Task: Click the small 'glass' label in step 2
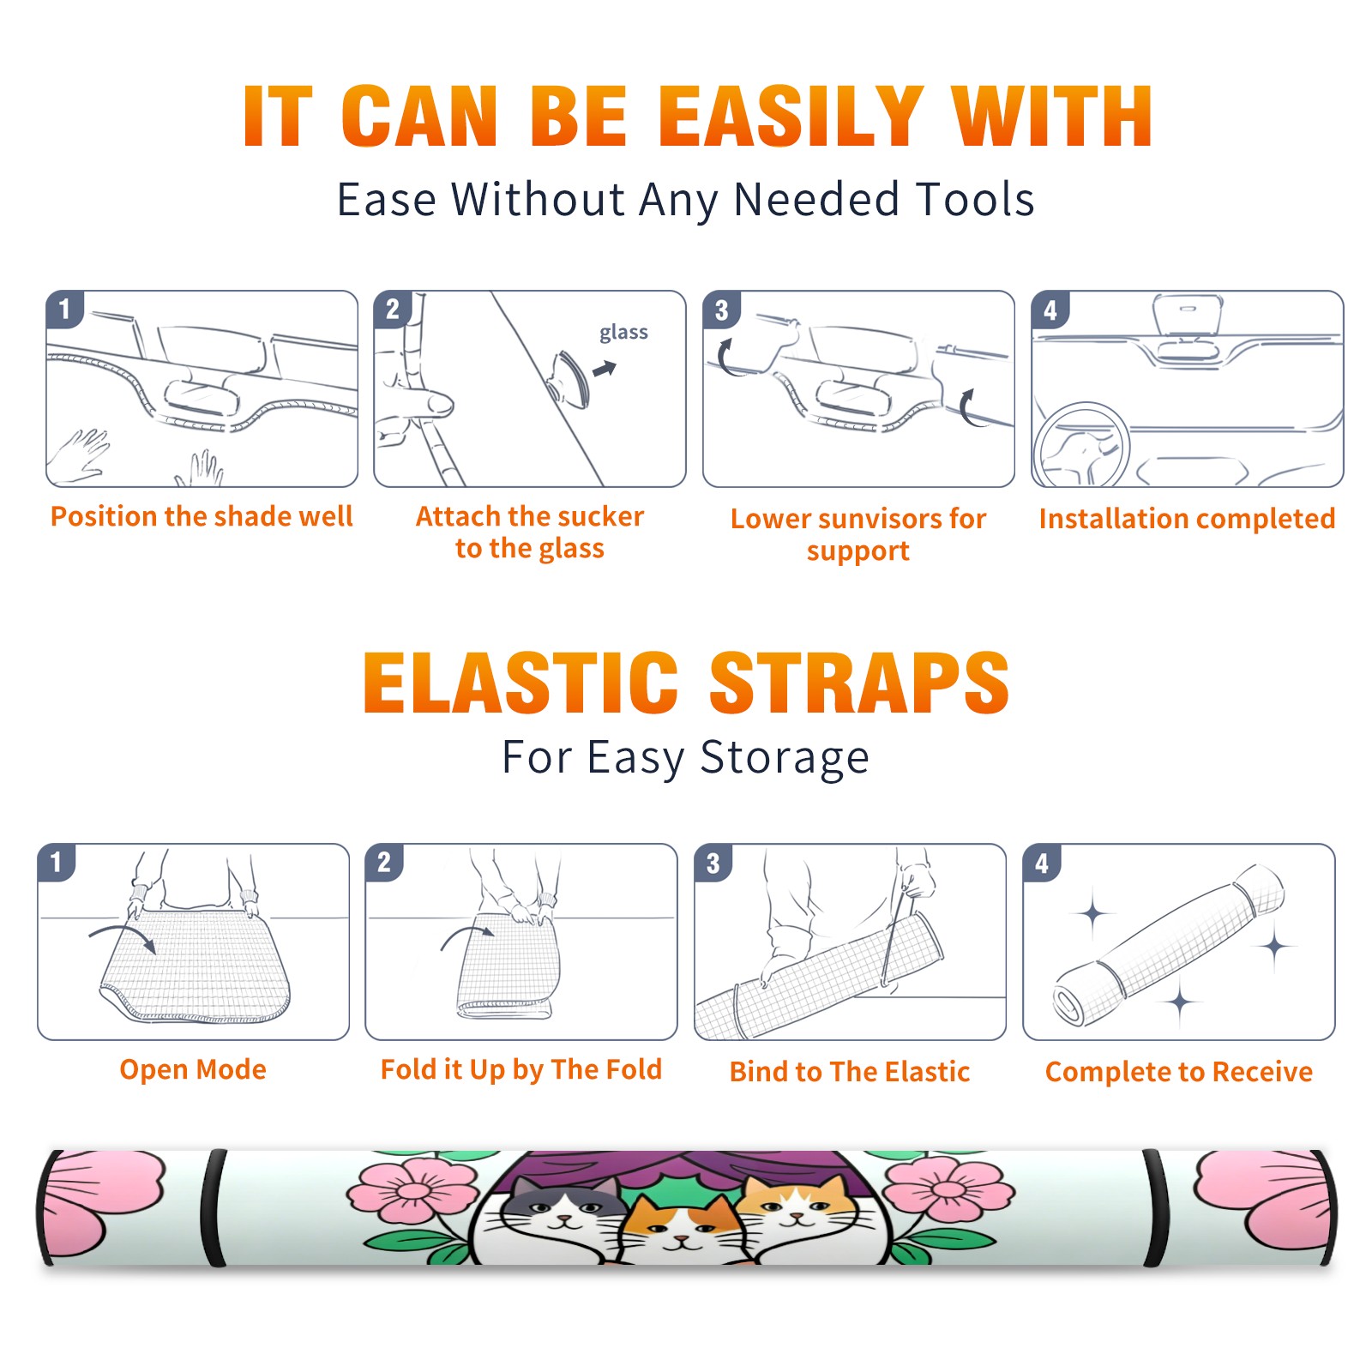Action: (x=623, y=333)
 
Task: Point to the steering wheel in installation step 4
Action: (x=1081, y=446)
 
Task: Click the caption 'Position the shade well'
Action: (x=202, y=516)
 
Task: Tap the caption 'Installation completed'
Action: (x=1187, y=519)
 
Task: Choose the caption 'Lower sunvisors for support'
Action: (x=858, y=534)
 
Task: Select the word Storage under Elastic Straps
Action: (x=785, y=758)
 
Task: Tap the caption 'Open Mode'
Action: (x=193, y=1069)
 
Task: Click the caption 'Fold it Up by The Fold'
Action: (x=521, y=1070)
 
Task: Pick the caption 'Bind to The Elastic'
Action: (x=850, y=1072)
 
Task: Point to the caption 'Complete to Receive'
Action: (x=1179, y=1072)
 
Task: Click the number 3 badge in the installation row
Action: (x=721, y=310)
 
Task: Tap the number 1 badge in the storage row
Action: (x=57, y=863)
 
